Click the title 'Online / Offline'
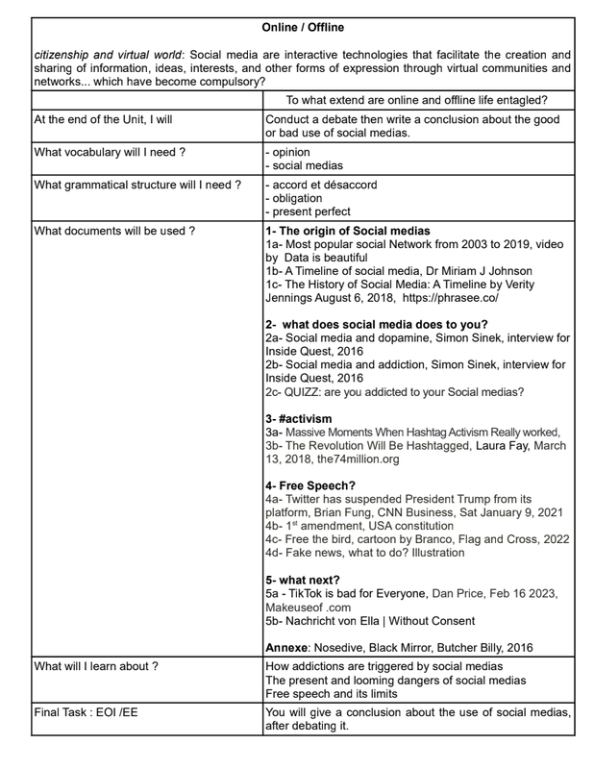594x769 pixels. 302,27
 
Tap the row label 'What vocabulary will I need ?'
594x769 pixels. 110,152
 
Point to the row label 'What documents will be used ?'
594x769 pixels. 114,231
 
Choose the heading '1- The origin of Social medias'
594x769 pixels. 348,231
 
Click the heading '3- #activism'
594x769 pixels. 298,419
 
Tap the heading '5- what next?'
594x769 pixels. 306,581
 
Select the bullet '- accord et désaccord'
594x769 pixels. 321,185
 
